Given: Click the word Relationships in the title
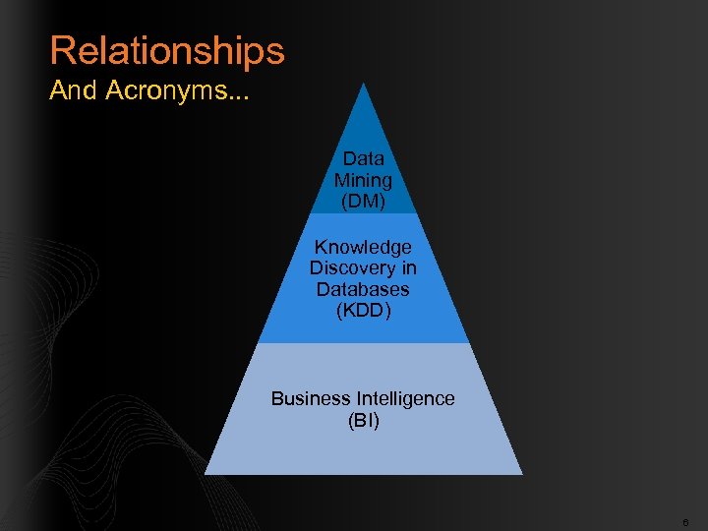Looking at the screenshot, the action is [167, 51].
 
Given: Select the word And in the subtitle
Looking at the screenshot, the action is [74, 91].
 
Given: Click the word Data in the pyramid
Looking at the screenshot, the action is [363, 158].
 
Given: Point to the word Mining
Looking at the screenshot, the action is [363, 181].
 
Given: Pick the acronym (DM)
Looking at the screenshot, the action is [363, 202].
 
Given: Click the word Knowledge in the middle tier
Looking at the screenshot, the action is [363, 247].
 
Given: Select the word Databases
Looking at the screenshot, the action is [363, 290].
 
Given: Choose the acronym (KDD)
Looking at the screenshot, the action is [363, 312].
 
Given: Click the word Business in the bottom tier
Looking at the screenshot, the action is [311, 398].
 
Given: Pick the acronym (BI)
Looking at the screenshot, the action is [363, 421].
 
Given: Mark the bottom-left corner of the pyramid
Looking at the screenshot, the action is [206, 473].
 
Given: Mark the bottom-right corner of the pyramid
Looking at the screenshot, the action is [521, 473].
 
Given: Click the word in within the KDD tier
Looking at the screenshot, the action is [408, 268].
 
